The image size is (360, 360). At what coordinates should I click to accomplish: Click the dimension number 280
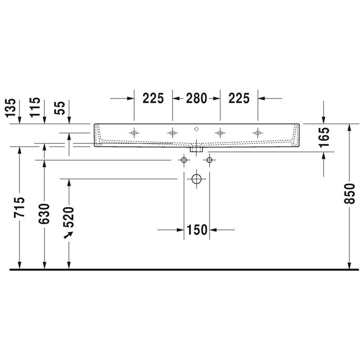(x=196, y=98)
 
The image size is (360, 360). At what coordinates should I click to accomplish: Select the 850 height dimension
(x=350, y=193)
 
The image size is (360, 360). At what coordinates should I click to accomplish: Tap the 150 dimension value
(x=197, y=229)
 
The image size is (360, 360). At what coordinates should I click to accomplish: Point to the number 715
(x=19, y=207)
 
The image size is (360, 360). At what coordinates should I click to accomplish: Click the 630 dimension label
(x=44, y=214)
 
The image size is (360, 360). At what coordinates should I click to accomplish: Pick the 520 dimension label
(x=69, y=217)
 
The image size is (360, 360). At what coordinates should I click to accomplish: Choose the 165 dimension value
(x=324, y=137)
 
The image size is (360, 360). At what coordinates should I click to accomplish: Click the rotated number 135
(x=11, y=108)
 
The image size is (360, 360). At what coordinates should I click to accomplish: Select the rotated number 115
(x=35, y=107)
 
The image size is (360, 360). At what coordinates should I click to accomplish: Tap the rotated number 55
(x=60, y=108)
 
